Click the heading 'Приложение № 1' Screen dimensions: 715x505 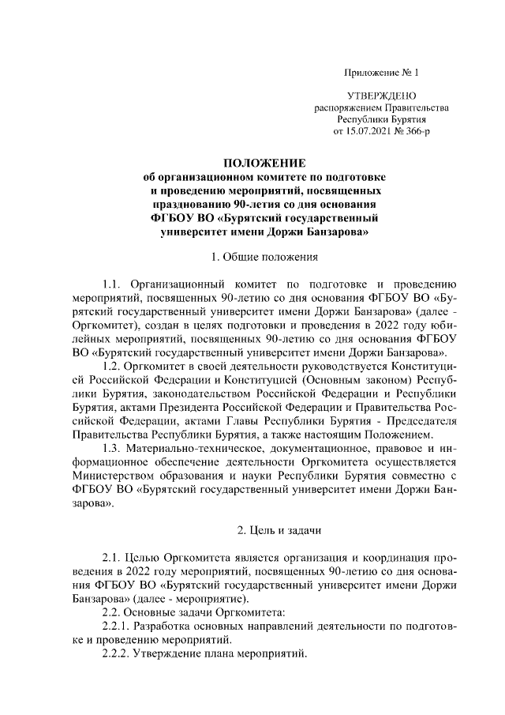coord(381,73)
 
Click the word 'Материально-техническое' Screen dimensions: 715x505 coord(195,447)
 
